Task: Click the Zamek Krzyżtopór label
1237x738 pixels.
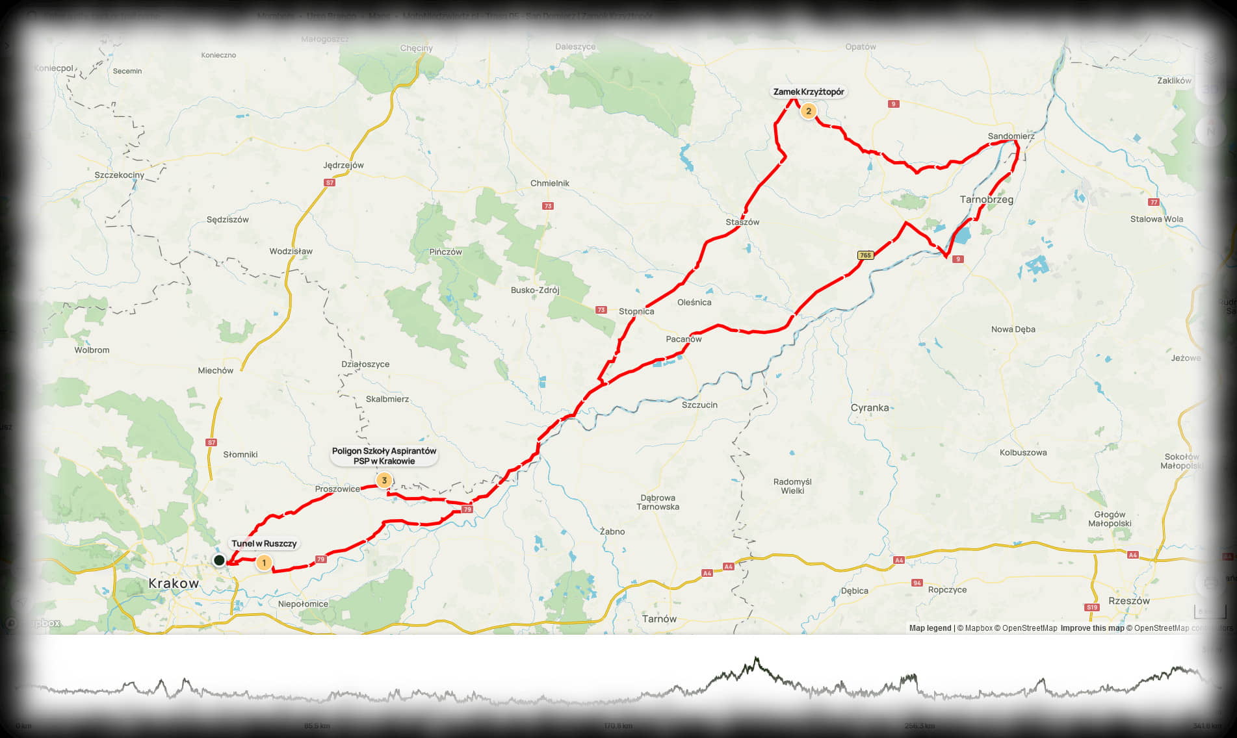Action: pos(808,92)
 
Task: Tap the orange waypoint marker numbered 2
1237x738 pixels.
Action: pos(808,111)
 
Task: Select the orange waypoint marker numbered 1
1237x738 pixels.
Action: pos(264,563)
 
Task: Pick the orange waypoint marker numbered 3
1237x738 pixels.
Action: pos(384,481)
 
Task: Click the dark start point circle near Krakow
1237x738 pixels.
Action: pos(219,560)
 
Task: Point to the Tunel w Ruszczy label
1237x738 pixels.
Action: pos(264,544)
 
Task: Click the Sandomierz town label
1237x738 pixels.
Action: pos(1011,136)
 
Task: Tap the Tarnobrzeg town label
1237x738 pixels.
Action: pos(986,199)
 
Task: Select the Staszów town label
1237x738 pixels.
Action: pos(742,222)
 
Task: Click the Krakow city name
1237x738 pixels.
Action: pos(174,583)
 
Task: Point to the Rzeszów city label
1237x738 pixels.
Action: pos(1129,601)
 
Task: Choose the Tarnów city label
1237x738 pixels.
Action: pos(659,619)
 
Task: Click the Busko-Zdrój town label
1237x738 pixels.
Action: pos(535,290)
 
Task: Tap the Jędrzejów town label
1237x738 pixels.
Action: pos(343,165)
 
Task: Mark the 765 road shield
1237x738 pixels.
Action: pos(865,255)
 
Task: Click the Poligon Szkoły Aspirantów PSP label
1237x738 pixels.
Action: pos(384,456)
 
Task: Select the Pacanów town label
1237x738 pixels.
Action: pos(684,339)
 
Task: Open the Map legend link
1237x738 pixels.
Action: pos(930,628)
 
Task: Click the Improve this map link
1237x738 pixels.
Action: pos(1092,628)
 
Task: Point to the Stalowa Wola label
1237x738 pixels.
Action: pos(1156,219)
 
